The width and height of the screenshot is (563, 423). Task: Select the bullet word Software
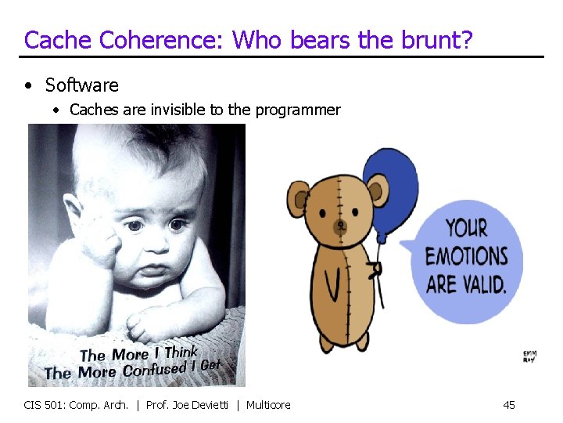(x=82, y=85)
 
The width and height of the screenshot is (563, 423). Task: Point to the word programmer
(x=296, y=110)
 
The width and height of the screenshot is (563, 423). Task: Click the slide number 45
(x=509, y=405)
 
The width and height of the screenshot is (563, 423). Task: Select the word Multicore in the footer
(x=268, y=405)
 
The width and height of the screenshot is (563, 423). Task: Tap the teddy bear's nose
(x=340, y=226)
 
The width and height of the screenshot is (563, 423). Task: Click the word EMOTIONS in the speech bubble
(x=466, y=256)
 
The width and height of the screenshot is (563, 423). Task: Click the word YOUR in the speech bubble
(x=466, y=229)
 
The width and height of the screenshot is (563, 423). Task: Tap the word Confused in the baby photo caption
(x=153, y=367)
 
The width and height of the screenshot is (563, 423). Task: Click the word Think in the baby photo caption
(x=181, y=352)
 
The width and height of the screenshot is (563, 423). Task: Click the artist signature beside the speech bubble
(x=529, y=356)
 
